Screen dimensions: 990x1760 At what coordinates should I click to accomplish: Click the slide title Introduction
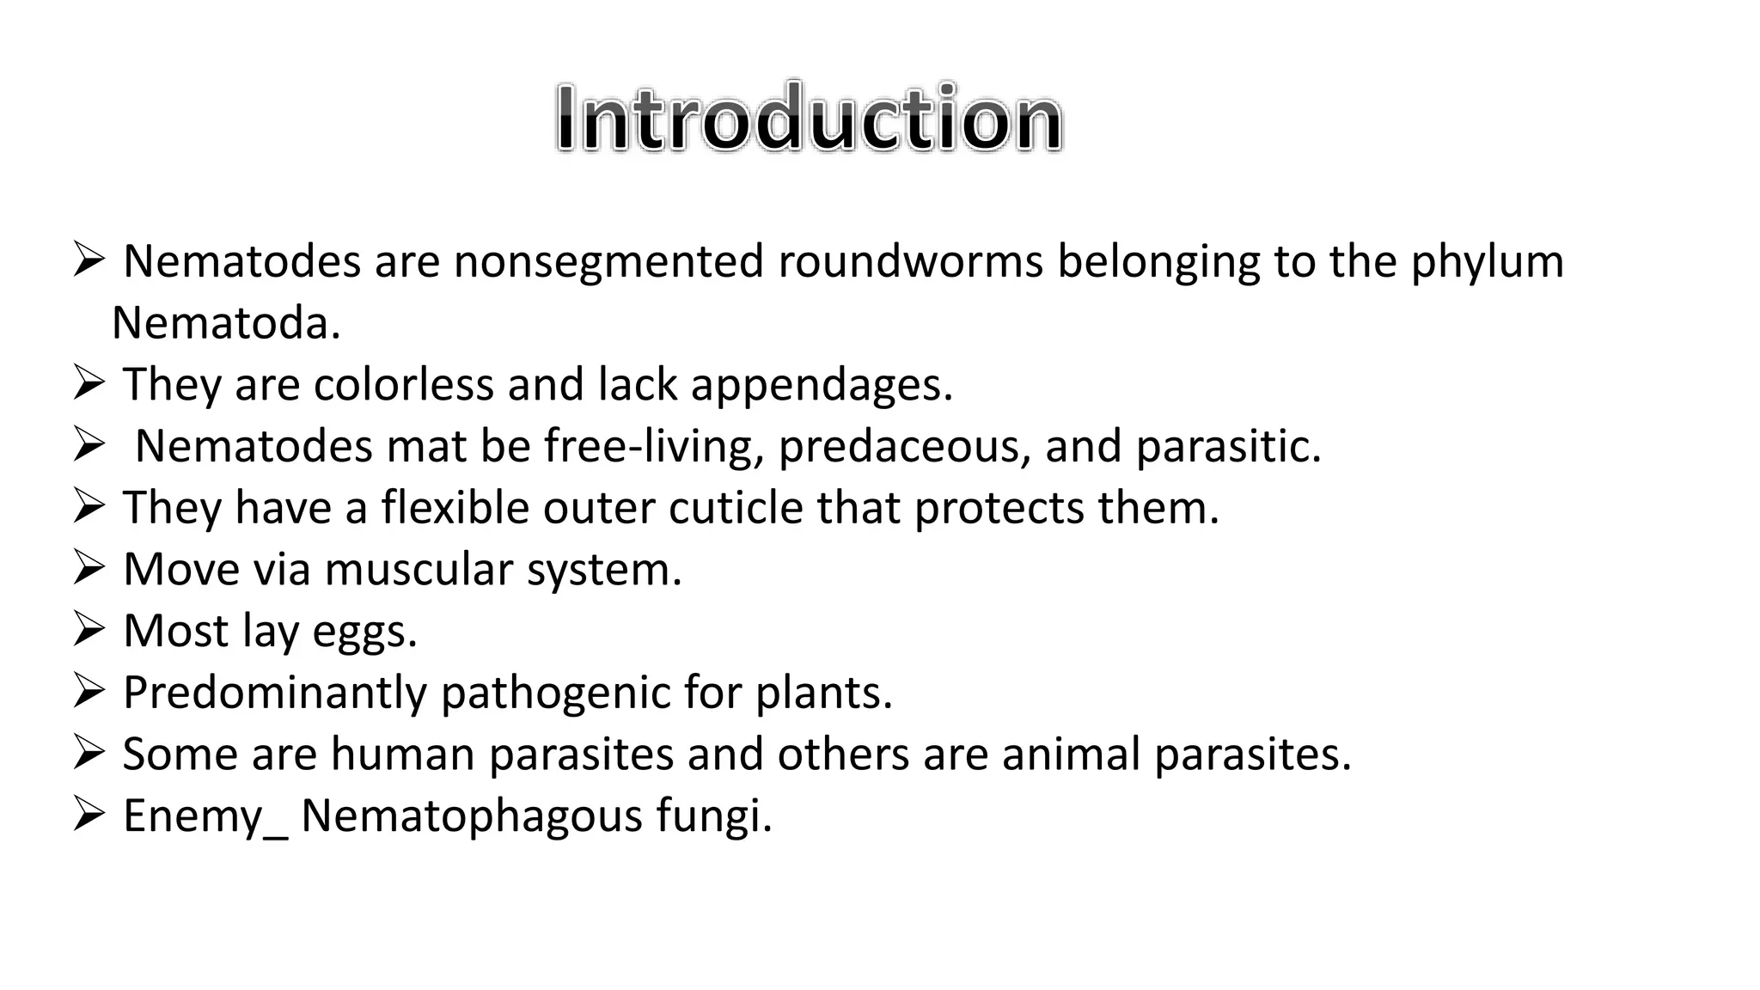809,118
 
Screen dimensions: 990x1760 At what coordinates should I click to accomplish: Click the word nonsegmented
608,261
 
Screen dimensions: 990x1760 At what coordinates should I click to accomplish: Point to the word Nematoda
226,324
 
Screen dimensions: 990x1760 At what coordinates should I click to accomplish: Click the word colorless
403,384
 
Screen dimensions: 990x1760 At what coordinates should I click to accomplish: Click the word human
402,754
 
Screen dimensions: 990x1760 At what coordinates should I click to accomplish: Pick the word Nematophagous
471,816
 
